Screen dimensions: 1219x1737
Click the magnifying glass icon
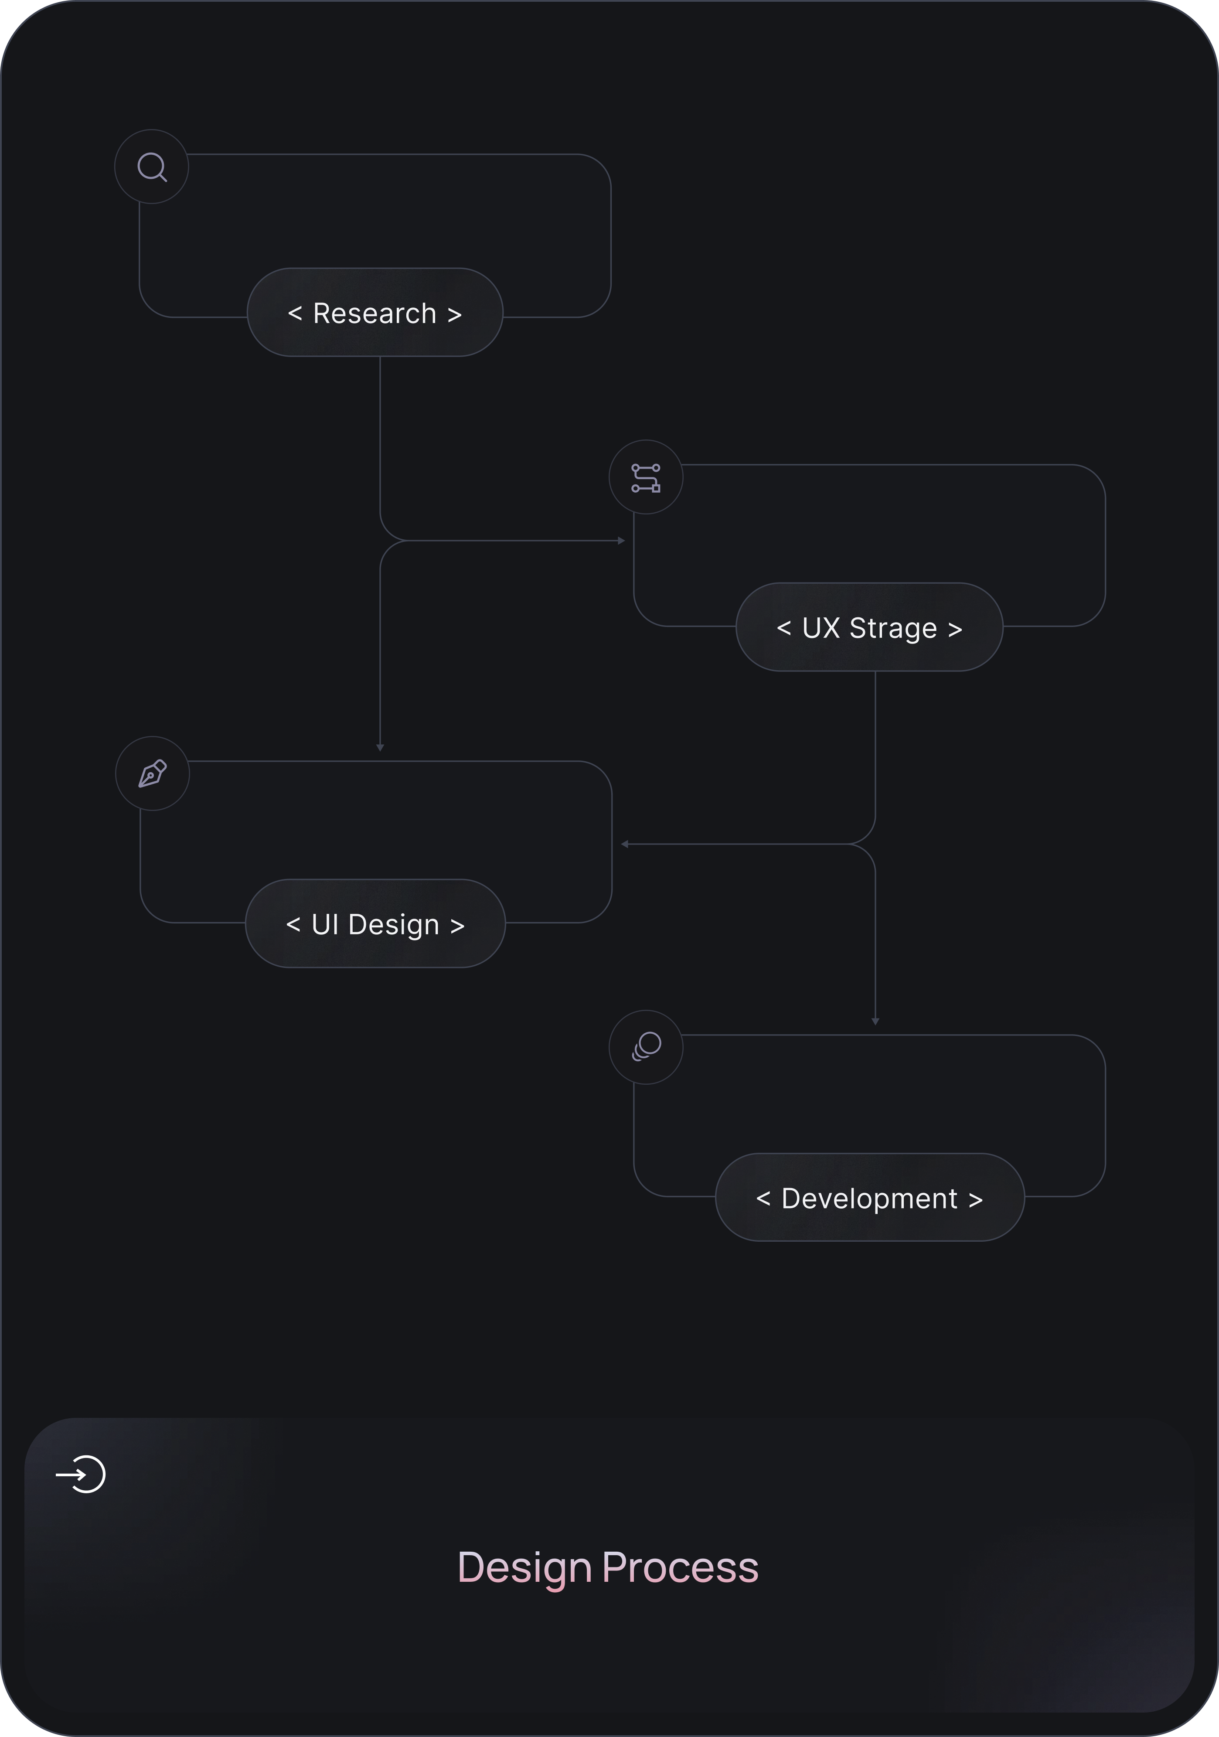coord(152,167)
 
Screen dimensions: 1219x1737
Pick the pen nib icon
coord(152,774)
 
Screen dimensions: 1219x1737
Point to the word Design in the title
coord(524,1567)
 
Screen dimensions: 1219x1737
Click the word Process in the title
coord(680,1567)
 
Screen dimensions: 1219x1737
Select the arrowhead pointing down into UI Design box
coord(380,747)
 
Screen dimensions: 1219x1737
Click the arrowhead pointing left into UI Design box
coord(624,844)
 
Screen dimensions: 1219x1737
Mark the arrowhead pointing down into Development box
coord(875,1022)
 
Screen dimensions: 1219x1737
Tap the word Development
coord(869,1199)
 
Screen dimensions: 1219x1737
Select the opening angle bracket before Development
coord(763,1199)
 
